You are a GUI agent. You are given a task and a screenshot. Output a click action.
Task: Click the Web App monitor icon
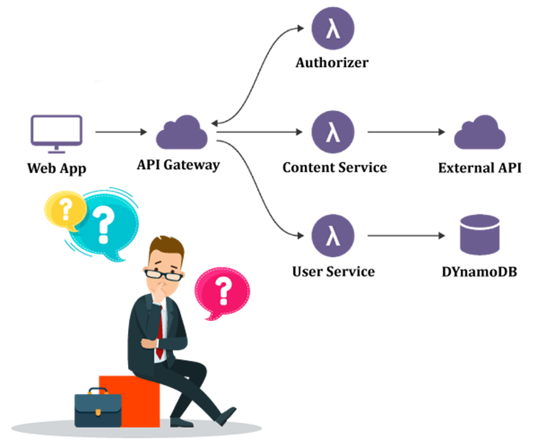point(57,134)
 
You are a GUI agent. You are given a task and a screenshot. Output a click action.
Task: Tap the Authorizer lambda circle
point(333,29)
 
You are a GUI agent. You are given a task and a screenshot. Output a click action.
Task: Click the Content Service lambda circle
point(333,132)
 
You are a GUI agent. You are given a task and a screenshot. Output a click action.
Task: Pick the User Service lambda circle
point(333,236)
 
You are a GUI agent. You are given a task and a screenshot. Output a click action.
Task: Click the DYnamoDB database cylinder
point(479,235)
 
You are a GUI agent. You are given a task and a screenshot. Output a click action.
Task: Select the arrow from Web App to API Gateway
point(121,132)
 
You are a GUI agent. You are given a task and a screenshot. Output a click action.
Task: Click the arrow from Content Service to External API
point(406,132)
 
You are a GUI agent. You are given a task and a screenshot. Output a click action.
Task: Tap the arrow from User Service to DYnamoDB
point(406,236)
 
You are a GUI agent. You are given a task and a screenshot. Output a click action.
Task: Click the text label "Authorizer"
point(332,63)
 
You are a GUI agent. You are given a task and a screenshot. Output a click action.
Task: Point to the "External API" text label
point(479,167)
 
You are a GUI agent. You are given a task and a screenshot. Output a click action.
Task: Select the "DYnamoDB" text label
point(479,272)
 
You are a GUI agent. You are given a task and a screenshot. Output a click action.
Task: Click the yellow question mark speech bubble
point(65,211)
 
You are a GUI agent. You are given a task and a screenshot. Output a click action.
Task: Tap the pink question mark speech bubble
point(223,293)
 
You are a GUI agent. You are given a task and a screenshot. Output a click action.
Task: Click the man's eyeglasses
point(163,275)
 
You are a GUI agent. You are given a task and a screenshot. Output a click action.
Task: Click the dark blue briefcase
point(98,408)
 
